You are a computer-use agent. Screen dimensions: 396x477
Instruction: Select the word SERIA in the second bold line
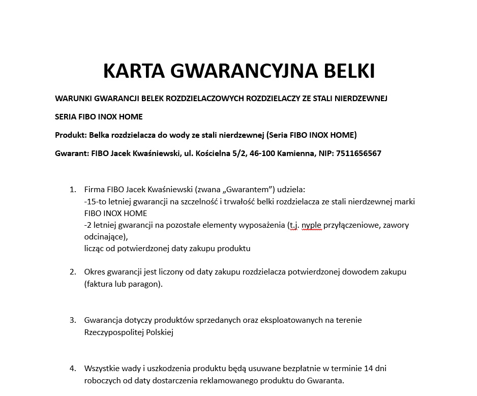(65, 116)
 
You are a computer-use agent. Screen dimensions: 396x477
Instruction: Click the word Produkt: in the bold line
(71, 135)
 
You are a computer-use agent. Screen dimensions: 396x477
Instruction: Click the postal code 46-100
(262, 153)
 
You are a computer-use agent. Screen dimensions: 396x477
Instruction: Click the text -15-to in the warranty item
(95, 202)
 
